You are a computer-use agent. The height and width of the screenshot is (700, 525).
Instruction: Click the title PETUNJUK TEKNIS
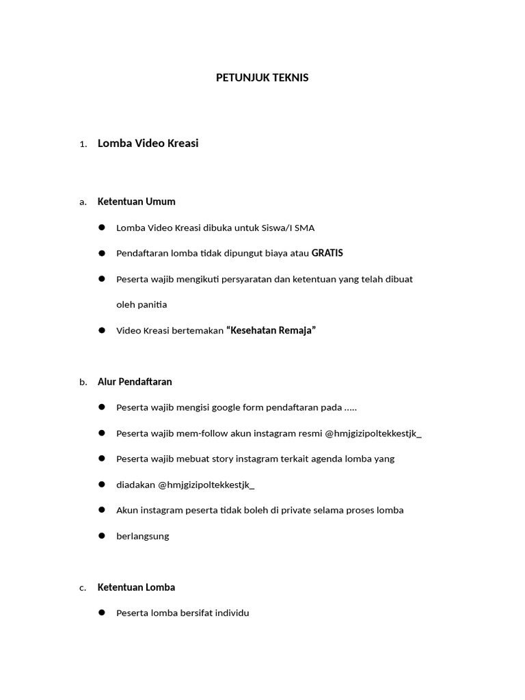pyautogui.click(x=262, y=78)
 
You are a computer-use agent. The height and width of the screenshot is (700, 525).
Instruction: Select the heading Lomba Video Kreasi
pyautogui.click(x=148, y=144)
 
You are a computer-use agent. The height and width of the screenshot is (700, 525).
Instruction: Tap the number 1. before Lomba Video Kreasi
pyautogui.click(x=83, y=144)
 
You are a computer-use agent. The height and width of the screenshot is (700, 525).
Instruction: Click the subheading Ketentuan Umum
pyautogui.click(x=136, y=202)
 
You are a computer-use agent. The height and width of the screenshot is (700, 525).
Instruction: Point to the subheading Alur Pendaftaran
pyautogui.click(x=135, y=382)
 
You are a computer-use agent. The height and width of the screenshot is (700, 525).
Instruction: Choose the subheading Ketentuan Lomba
pyautogui.click(x=136, y=587)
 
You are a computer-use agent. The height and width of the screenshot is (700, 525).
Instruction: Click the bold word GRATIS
pyautogui.click(x=327, y=254)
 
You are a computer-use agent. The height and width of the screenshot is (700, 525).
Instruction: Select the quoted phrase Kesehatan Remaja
pyautogui.click(x=271, y=331)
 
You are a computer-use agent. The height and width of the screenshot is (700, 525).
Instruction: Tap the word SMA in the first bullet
pyautogui.click(x=305, y=228)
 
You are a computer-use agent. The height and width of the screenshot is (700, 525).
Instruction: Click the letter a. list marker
pyautogui.click(x=83, y=202)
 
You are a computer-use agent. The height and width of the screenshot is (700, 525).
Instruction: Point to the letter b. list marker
pyautogui.click(x=83, y=383)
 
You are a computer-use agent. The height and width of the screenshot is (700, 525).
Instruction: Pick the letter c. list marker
pyautogui.click(x=83, y=588)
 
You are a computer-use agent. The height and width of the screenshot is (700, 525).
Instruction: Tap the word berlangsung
pyautogui.click(x=142, y=537)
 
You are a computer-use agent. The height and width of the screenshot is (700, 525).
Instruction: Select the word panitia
pyautogui.click(x=151, y=305)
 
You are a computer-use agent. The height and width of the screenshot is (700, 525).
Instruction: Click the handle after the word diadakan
pyautogui.click(x=206, y=485)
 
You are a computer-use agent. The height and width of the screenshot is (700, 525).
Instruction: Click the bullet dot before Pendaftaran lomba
pyautogui.click(x=101, y=254)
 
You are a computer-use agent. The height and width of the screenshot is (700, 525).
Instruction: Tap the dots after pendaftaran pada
pyautogui.click(x=350, y=408)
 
